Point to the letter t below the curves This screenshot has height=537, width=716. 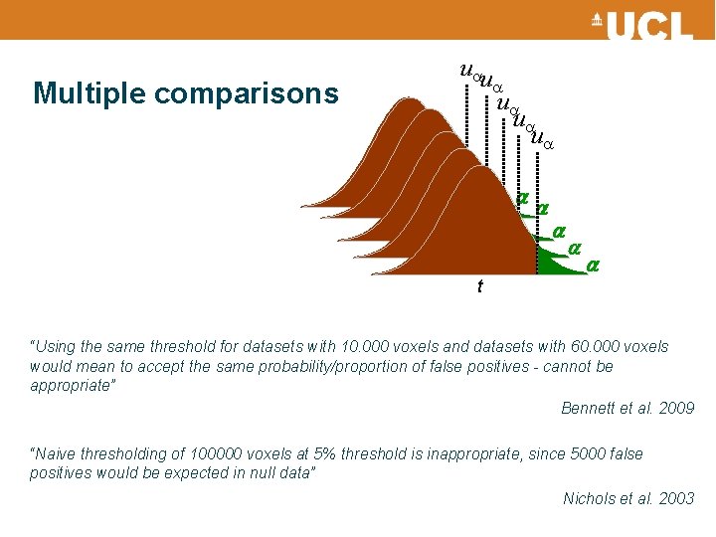[480, 286]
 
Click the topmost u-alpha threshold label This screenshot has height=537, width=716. [469, 72]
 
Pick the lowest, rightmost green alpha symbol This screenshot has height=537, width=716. [593, 266]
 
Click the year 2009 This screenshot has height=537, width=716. [677, 409]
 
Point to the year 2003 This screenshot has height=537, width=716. [677, 498]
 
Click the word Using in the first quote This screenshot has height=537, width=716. [55, 347]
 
